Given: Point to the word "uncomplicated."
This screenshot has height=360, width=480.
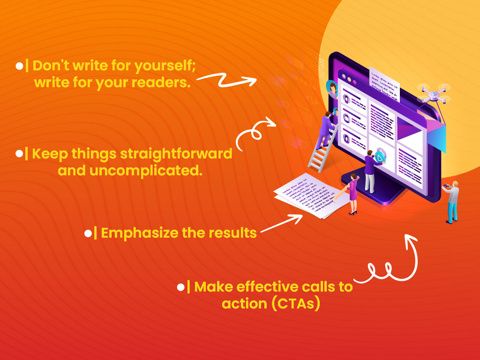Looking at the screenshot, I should click(158, 171).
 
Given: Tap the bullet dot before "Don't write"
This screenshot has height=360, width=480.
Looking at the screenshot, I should click(19, 66).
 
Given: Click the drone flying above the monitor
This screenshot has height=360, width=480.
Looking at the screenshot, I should click(433, 93).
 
